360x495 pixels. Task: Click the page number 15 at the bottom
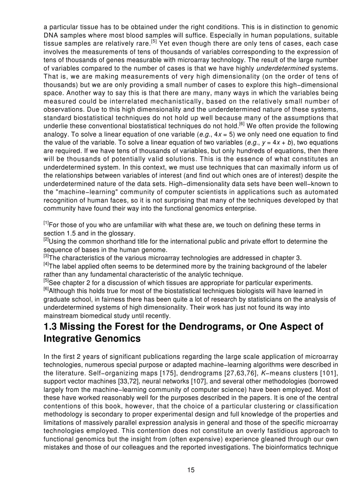pos(191,470)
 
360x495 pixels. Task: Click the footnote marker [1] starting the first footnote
pos(46,223)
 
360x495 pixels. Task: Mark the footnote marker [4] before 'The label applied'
pos(46,264)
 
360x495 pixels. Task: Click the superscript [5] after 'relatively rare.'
pos(154,41)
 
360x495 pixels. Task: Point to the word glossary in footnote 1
pos(120,233)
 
